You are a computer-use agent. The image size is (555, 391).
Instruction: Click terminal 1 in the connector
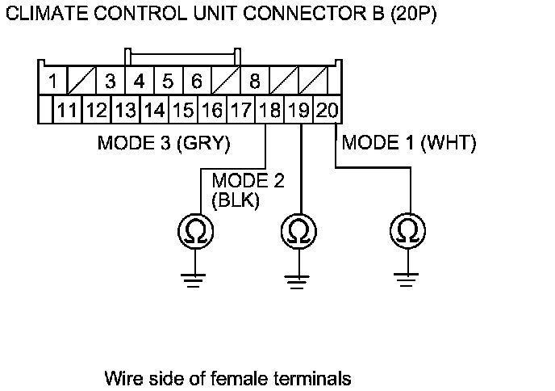point(52,81)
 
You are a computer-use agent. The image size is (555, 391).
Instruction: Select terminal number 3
point(111,81)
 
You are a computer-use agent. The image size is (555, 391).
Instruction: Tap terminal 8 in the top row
point(255,81)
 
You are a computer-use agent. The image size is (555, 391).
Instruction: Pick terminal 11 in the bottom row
point(67,110)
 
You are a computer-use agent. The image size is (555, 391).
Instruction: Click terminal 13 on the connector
point(126,110)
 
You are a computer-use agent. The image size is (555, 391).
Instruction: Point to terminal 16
point(212,110)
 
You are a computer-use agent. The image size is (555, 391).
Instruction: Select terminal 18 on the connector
point(269,110)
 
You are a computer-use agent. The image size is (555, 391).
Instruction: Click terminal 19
point(298,110)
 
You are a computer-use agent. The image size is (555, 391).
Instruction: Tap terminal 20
point(327,110)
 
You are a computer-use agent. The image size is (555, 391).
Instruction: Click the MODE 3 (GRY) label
point(164,143)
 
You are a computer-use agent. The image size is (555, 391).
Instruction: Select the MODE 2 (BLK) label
point(248,191)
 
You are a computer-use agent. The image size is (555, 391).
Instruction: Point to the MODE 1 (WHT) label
point(409,143)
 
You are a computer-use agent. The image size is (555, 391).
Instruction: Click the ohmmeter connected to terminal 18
point(195,232)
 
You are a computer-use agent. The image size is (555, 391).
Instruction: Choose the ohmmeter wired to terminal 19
point(298,232)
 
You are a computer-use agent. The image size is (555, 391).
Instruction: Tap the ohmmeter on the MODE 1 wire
point(407,231)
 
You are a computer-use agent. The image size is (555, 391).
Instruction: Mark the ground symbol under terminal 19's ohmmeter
point(297,282)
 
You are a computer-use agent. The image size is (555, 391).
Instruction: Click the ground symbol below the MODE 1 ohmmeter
point(406,280)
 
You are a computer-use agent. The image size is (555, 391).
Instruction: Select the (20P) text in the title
point(413,15)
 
